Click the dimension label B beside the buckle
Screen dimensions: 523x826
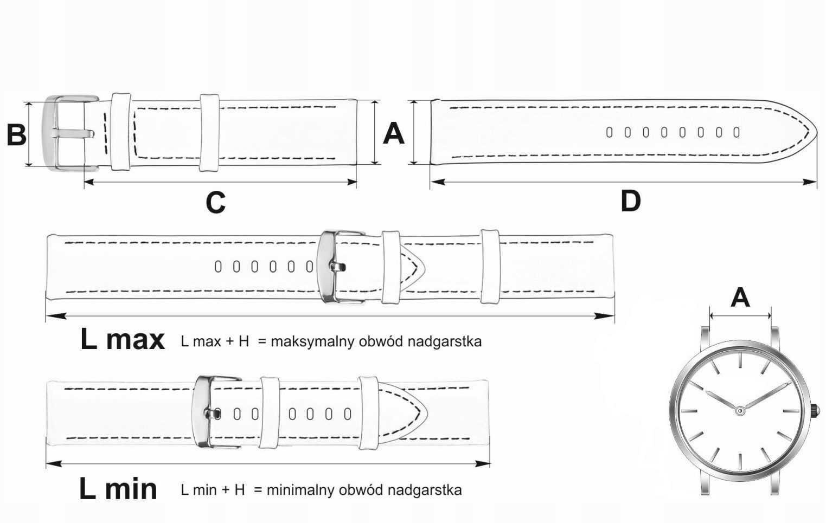point(16,134)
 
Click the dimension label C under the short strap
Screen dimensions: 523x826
point(215,203)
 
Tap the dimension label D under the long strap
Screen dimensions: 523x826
point(630,201)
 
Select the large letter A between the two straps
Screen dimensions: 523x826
point(394,133)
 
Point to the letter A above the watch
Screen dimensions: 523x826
point(740,298)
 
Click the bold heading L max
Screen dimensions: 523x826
point(122,340)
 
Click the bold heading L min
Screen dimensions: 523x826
point(118,489)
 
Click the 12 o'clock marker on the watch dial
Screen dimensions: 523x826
point(740,360)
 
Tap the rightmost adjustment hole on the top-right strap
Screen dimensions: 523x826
point(736,132)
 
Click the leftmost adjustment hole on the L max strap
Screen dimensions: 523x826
point(218,267)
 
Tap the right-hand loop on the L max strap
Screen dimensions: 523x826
point(490,266)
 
